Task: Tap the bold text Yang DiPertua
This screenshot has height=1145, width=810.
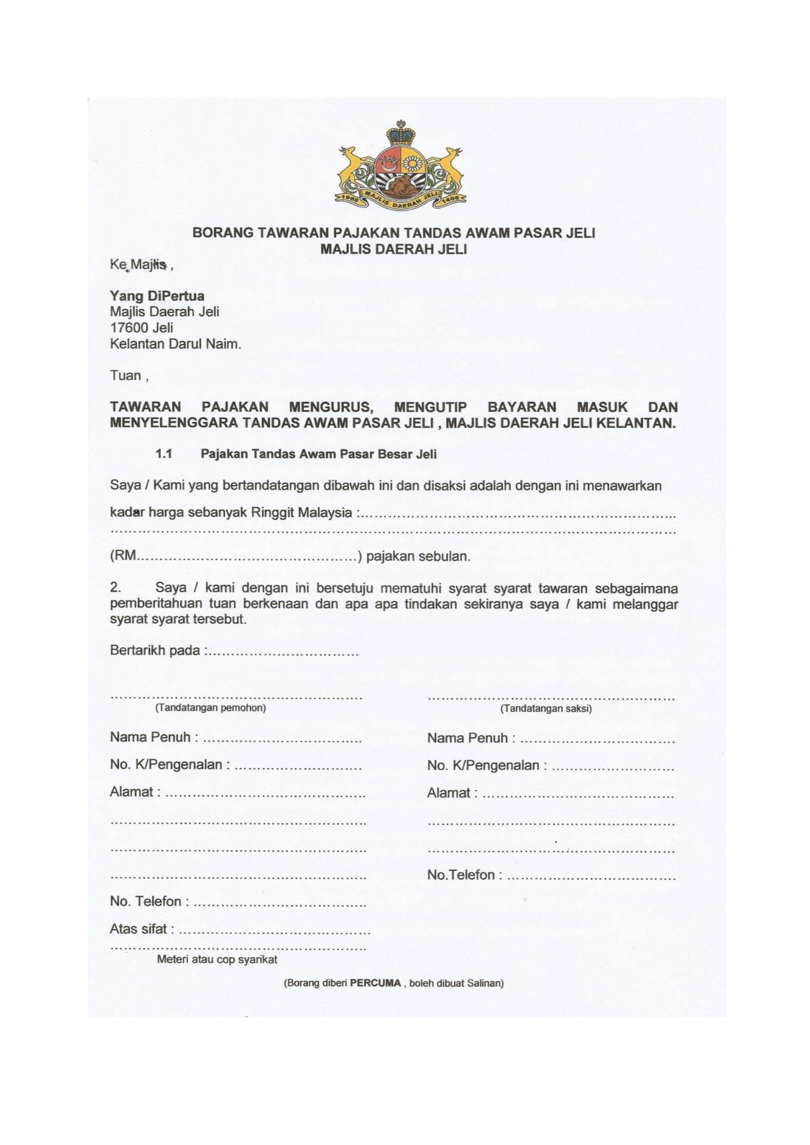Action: point(157,296)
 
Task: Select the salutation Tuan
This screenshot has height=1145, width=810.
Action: point(126,375)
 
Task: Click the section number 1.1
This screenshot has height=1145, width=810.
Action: point(164,454)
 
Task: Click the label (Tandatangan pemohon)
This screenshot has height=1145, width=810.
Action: point(211,708)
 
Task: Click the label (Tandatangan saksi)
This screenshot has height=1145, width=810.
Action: point(546,709)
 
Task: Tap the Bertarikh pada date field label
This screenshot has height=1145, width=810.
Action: point(155,651)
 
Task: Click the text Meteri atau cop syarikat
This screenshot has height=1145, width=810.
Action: point(217,959)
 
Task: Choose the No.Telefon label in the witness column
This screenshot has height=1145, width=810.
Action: point(461,875)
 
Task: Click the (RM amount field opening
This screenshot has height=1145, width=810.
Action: point(123,556)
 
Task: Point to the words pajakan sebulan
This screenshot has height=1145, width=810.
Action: point(418,557)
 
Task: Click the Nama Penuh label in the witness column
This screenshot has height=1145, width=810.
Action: point(467,738)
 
